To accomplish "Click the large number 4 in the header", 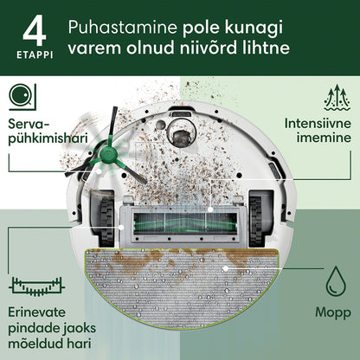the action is coord(34,30).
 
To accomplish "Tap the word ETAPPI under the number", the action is coord(35,55).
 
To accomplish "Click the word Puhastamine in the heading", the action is coord(123,28).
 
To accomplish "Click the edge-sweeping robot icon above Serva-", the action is coord(22,97).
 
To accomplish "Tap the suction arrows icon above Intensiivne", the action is coord(337,98).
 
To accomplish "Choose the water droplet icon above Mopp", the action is coord(336,281).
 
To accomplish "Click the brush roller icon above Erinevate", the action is coord(37,286).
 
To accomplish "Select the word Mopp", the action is coord(333,312).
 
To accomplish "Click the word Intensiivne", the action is coord(318,124).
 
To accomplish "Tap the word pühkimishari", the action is coord(48,138).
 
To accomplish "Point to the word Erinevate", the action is coord(36,312).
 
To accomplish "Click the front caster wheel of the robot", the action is coord(182,136).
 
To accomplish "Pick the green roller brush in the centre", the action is coord(184,225).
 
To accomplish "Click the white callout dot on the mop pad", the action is coord(226,268).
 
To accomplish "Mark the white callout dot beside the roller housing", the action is coord(121,228).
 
